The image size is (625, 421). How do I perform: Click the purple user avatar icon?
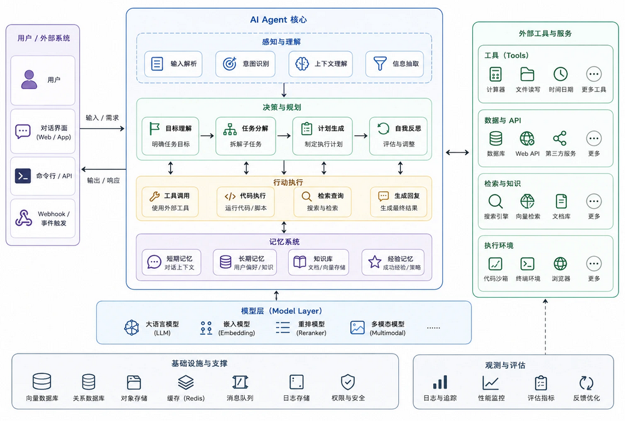(29, 79)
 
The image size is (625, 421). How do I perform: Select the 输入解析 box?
(173, 64)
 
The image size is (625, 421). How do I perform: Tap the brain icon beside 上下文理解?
(302, 64)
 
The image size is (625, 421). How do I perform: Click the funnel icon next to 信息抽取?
(380, 63)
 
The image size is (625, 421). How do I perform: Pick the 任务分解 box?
(245, 136)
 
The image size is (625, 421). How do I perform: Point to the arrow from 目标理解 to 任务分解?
(208, 136)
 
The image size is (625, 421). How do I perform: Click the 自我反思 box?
(398, 136)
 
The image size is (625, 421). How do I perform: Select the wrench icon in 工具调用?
(154, 196)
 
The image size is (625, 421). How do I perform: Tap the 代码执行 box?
(245, 202)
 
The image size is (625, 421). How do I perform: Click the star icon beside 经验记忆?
(375, 262)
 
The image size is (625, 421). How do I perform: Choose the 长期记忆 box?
(244, 262)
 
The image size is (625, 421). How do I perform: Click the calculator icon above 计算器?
(496, 74)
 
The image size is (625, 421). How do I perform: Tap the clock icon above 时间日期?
(561, 74)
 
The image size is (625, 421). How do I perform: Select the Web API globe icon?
(527, 139)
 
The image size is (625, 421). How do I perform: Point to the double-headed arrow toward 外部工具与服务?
(457, 152)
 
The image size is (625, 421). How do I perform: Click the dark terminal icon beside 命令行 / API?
(23, 176)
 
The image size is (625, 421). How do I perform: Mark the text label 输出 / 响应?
(103, 180)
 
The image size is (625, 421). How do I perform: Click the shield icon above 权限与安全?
(348, 382)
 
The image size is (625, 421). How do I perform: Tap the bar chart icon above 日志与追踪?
(440, 382)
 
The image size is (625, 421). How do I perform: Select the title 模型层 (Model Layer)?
(282, 311)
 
